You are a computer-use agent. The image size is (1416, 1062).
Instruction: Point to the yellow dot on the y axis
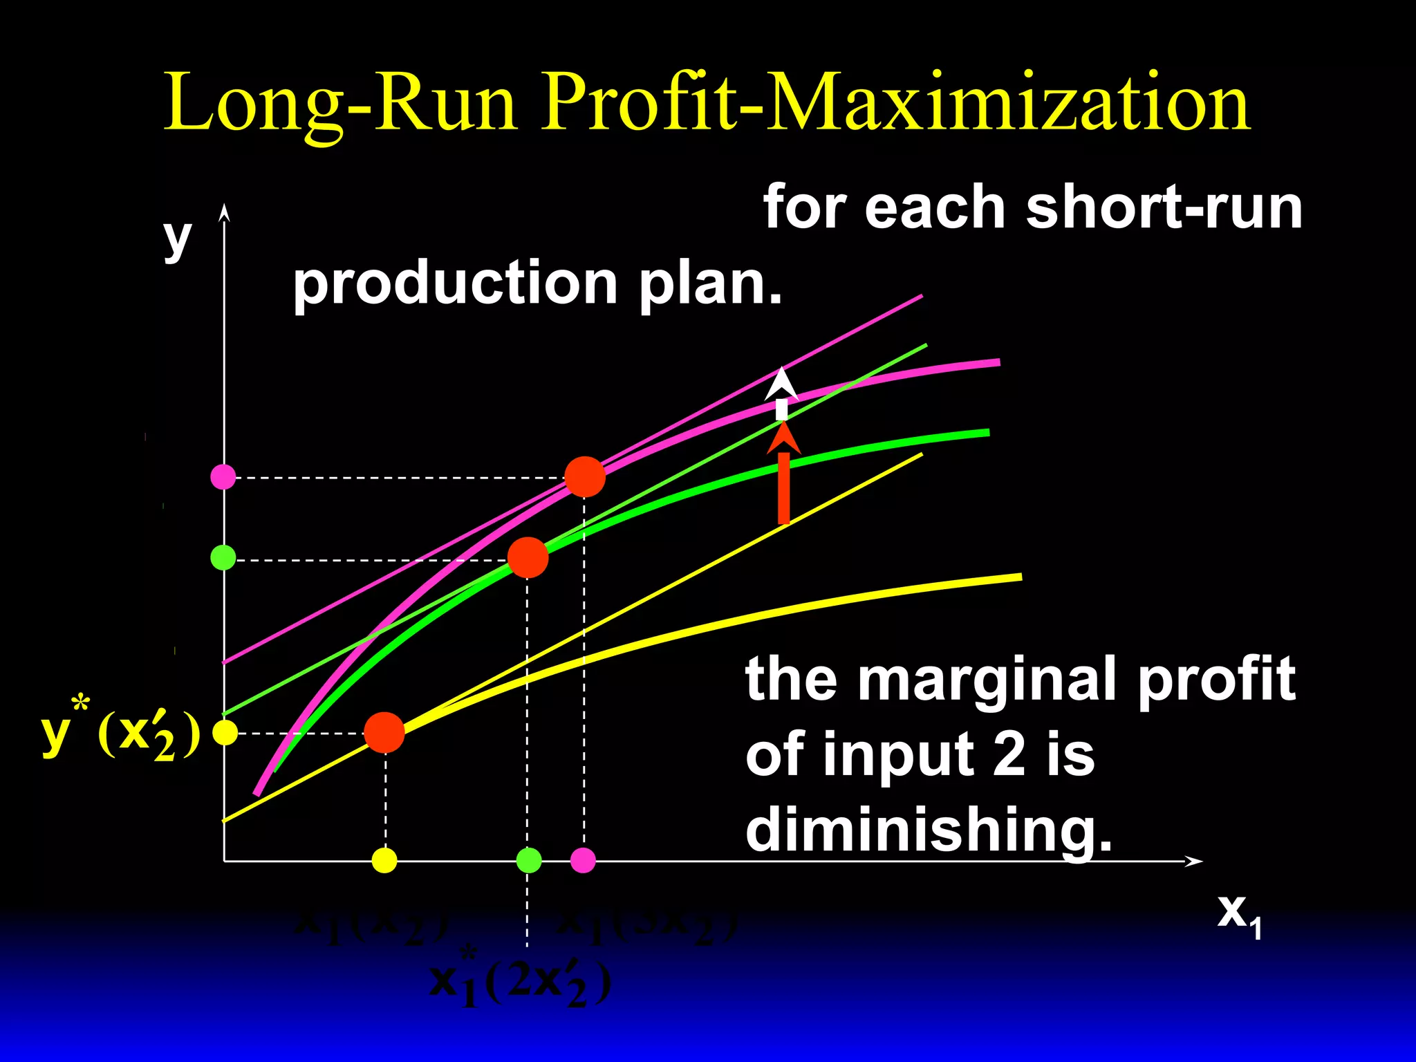tap(225, 732)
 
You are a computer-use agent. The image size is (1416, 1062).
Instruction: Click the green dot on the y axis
tap(223, 557)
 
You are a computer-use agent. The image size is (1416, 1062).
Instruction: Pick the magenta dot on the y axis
tap(223, 476)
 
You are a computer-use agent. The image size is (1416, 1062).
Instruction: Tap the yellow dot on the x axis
tap(384, 860)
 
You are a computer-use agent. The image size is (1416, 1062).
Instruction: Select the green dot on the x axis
tap(529, 860)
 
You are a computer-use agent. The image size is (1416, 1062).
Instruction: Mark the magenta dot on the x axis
tap(583, 860)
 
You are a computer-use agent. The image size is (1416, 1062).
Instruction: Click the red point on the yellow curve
tap(384, 732)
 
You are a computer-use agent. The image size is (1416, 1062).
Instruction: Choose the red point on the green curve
tap(528, 558)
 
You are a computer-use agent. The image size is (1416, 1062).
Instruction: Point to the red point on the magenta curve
tap(585, 477)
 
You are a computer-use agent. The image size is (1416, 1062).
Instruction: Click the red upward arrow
tap(783, 477)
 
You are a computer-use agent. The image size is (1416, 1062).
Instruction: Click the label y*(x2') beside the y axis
tap(121, 734)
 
